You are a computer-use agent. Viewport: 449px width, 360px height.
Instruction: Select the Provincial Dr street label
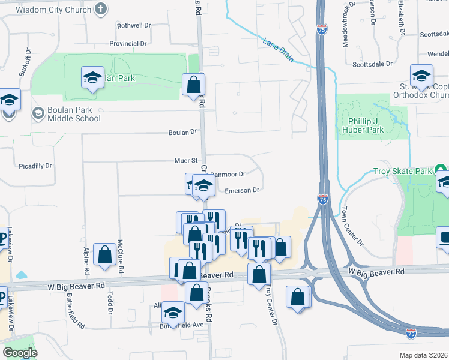coord(128,44)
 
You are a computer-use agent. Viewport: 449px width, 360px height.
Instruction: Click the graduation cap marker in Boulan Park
coord(92,77)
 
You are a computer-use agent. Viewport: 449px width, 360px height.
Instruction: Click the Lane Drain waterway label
coord(278,50)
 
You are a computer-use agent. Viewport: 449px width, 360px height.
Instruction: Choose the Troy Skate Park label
coord(403,172)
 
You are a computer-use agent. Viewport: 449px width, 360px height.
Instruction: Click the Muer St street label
coord(186,161)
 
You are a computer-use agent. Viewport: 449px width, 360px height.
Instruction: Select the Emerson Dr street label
coord(241,190)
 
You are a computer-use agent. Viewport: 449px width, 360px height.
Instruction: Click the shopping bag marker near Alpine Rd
coord(105,254)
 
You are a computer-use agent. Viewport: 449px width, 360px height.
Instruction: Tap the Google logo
coord(20,353)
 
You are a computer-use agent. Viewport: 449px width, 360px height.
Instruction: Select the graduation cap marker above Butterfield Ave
coord(173,313)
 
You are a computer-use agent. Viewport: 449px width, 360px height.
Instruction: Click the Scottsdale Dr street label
coord(372,64)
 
